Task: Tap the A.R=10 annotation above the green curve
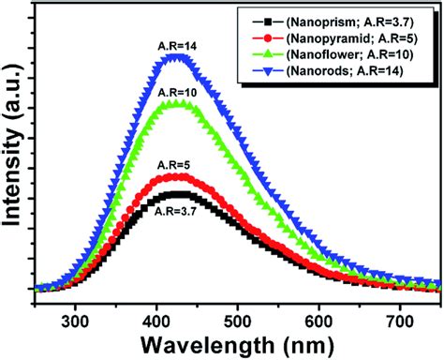tap(177, 92)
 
